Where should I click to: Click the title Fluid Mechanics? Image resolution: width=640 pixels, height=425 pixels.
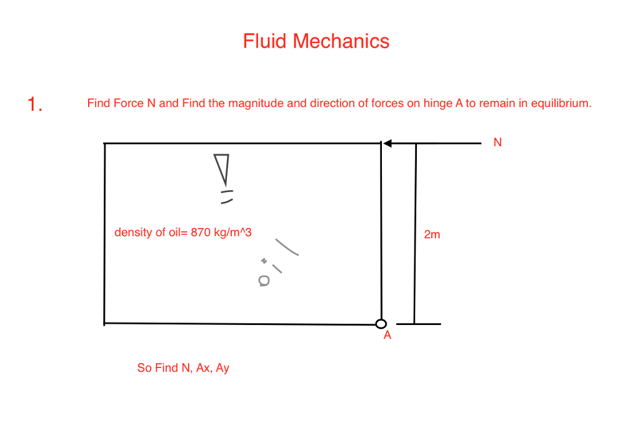pyautogui.click(x=316, y=41)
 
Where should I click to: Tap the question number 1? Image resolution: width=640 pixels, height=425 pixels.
pyautogui.click(x=34, y=104)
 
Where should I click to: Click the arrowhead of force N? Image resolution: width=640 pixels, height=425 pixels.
pyautogui.click(x=387, y=144)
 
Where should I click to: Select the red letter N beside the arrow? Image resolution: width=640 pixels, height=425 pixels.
pyautogui.click(x=497, y=142)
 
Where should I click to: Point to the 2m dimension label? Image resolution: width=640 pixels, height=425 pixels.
pyautogui.click(x=432, y=235)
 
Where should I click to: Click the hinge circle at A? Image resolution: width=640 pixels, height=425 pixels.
pyautogui.click(x=381, y=323)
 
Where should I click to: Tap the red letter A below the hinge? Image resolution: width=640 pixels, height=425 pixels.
pyautogui.click(x=387, y=336)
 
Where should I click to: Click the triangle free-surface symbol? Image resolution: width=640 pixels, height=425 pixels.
pyautogui.click(x=222, y=169)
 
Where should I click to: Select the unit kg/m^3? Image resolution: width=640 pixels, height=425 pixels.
pyautogui.click(x=231, y=233)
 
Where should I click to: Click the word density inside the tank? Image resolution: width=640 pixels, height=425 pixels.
pyautogui.click(x=132, y=233)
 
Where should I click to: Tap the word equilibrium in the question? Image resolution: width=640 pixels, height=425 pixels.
pyautogui.click(x=561, y=103)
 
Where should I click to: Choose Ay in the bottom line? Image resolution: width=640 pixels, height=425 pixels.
pyautogui.click(x=222, y=369)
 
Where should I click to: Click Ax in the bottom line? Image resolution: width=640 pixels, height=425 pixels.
pyautogui.click(x=203, y=368)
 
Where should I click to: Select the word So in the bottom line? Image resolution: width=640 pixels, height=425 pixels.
pyautogui.click(x=144, y=368)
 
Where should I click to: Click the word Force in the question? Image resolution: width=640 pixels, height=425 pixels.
pyautogui.click(x=128, y=103)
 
